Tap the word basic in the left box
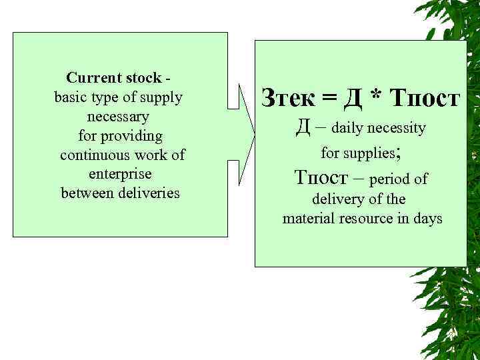(x=73, y=97)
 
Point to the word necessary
(x=119, y=117)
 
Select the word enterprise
(x=120, y=174)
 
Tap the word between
(x=85, y=193)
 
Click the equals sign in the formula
(x=329, y=99)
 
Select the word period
(x=390, y=179)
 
